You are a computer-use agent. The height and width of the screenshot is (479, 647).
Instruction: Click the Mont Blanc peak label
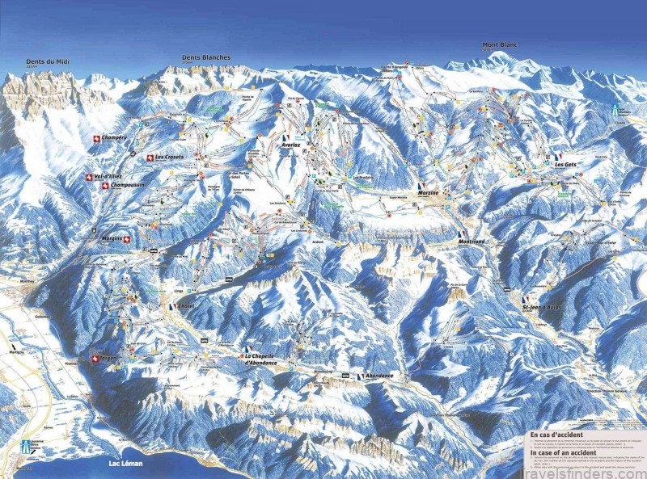pos(499,44)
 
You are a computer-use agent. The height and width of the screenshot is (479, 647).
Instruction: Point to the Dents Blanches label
pos(205,57)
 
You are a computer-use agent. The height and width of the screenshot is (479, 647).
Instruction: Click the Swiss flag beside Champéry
pos(98,139)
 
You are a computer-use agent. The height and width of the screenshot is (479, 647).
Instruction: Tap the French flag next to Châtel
pos(171,307)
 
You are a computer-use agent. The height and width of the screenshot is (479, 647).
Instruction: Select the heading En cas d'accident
pos(558,435)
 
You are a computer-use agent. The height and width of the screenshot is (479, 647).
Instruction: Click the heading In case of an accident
pos(564,453)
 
